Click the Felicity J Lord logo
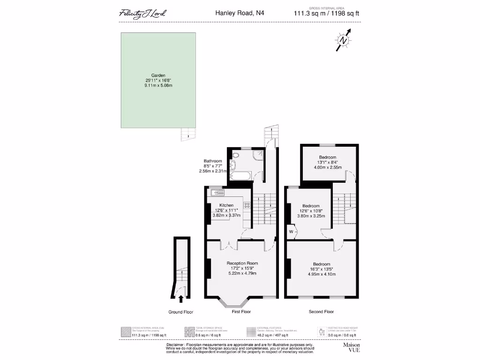tap(142, 13)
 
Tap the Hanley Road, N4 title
tap(239, 13)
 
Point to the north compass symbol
tap(344, 41)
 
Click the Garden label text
tap(158, 75)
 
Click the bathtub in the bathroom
tap(240, 176)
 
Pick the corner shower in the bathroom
tap(257, 156)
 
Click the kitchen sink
tap(217, 192)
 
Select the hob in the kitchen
tap(247, 205)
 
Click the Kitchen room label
tap(226, 205)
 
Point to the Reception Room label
tap(242, 263)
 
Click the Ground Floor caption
tap(181, 312)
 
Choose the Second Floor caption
tap(321, 312)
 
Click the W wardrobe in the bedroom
tap(291, 232)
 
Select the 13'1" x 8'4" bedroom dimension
tap(328, 162)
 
